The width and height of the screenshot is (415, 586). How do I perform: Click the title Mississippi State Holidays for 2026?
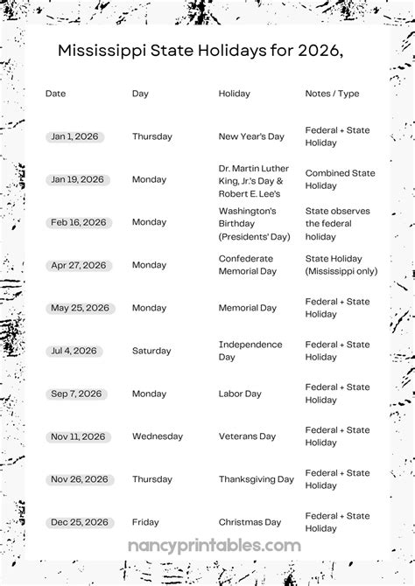click(200, 52)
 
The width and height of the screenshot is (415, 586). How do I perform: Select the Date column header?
click(55, 94)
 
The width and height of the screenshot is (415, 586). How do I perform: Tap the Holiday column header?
click(234, 94)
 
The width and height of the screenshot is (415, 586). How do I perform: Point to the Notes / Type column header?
click(332, 94)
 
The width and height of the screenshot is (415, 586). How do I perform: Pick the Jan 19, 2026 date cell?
click(76, 179)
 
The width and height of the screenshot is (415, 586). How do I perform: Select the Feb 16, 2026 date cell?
click(78, 222)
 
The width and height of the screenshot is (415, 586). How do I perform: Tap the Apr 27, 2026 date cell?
click(77, 265)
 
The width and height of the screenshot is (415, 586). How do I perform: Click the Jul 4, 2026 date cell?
click(73, 351)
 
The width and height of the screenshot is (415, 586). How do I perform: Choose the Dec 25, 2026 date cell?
click(77, 522)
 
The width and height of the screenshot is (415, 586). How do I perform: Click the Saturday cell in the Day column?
click(152, 351)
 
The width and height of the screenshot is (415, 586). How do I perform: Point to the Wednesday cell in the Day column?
click(158, 436)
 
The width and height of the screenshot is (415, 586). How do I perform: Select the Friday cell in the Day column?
click(145, 522)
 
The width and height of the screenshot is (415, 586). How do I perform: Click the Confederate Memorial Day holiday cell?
click(246, 265)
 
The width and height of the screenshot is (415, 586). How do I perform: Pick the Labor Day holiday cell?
click(240, 394)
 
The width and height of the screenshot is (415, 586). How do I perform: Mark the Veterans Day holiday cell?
click(247, 436)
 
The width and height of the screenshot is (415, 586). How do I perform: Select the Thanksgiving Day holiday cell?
click(256, 479)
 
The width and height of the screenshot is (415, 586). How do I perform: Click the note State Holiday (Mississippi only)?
click(341, 265)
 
